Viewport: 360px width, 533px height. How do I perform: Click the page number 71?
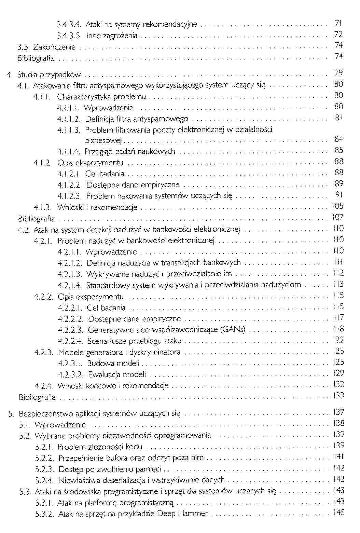coord(338,23)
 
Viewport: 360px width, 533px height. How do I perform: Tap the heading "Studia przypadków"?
coord(49,75)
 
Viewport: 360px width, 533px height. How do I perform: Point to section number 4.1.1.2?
coord(69,119)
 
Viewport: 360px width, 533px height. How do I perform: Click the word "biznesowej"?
coord(103,140)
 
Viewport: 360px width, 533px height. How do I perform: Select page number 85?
coord(338,150)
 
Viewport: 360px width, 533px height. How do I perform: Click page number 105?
coord(337,206)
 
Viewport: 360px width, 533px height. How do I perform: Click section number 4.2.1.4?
coord(70,285)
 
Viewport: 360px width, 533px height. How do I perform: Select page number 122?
coord(338,340)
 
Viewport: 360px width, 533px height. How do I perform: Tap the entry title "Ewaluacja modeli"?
coord(117,374)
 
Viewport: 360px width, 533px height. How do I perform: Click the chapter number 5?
coord(11,414)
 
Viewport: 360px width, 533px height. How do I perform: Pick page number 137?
coord(338,412)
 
